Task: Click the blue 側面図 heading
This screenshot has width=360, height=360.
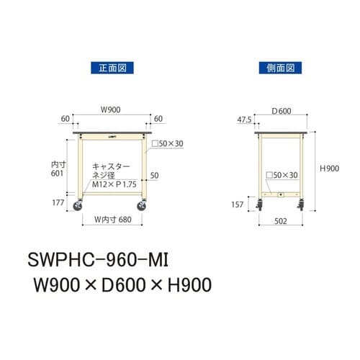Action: (276, 69)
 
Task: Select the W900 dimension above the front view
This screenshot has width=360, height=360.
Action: (109, 111)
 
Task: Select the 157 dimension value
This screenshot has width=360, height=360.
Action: (237, 204)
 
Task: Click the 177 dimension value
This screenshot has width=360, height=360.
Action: (58, 204)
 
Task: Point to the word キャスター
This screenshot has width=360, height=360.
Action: (109, 166)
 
